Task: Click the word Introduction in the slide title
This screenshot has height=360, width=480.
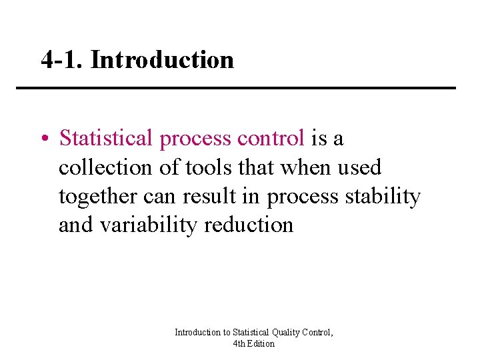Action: [x=162, y=60]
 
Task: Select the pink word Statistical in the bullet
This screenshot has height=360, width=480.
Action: [x=106, y=138]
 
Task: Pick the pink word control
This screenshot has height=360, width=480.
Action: [x=272, y=138]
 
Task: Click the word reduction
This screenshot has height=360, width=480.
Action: [x=249, y=225]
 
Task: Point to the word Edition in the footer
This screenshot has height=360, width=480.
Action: [x=262, y=343]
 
